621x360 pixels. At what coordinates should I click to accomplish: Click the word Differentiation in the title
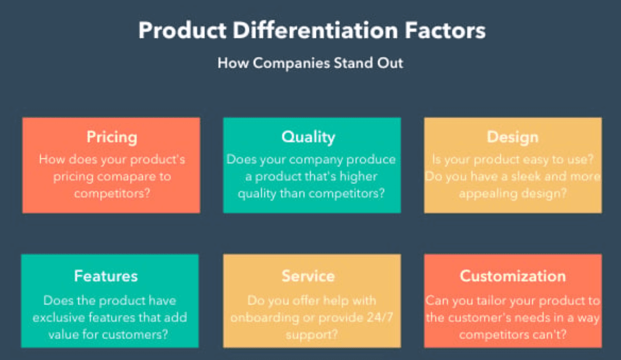click(x=315, y=30)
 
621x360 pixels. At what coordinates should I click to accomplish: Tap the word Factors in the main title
click(x=445, y=30)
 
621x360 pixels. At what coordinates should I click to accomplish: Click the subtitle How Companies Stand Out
click(x=310, y=63)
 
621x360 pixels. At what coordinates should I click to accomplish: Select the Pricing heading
click(x=112, y=137)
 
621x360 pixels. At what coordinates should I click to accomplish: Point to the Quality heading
click(x=308, y=137)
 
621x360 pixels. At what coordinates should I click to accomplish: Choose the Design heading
click(x=513, y=137)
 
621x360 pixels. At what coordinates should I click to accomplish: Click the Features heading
click(x=106, y=276)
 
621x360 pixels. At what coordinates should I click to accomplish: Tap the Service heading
click(x=308, y=276)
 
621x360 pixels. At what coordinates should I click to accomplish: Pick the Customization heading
click(x=513, y=276)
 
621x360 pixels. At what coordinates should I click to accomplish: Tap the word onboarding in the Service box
click(x=265, y=318)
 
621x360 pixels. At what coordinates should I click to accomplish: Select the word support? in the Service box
click(x=312, y=335)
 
